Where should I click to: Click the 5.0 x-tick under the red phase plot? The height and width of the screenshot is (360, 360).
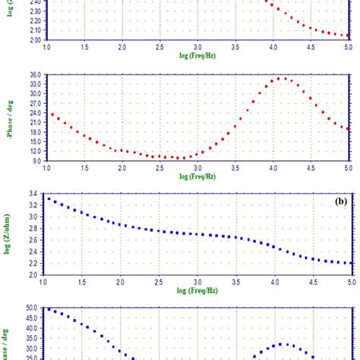tap(347, 169)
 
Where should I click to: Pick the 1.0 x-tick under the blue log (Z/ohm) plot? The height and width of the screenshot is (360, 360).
tap(47, 281)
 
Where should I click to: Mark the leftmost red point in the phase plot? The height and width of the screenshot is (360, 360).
tap(52, 115)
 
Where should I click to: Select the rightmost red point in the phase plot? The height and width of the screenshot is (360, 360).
tap(347, 128)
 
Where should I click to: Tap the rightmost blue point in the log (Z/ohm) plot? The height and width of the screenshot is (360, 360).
tap(347, 263)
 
